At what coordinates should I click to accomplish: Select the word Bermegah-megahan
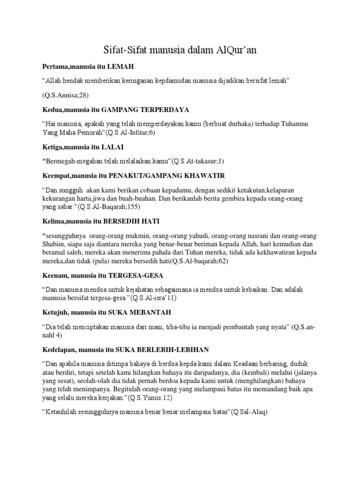(x=70, y=161)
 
